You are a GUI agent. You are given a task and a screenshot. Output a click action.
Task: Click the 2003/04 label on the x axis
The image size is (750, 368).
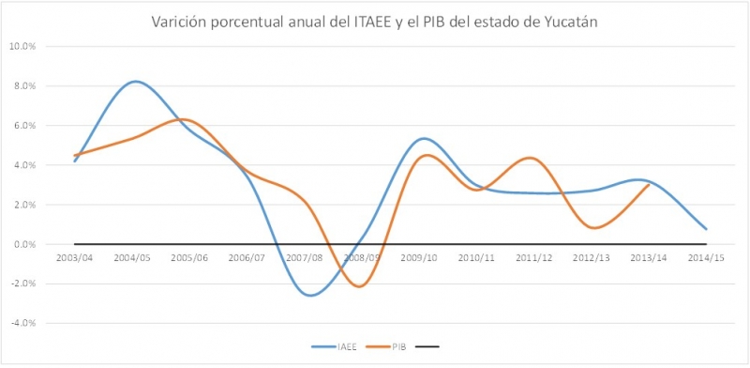tap(74, 256)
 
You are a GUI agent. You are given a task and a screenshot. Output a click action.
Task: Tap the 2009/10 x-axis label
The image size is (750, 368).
tap(421, 256)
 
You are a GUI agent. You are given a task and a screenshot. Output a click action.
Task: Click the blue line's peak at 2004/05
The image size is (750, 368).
tap(137, 82)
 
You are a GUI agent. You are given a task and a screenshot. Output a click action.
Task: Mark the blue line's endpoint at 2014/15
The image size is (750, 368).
tap(706, 229)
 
